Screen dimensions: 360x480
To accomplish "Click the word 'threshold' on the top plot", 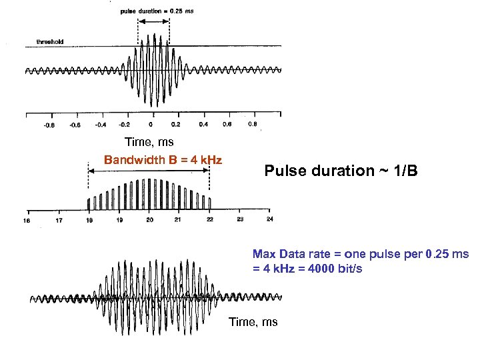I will pos(50,42).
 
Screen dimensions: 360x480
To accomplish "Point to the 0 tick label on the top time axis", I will pos(151,124).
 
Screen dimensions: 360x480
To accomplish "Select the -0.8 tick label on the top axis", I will pos(49,124).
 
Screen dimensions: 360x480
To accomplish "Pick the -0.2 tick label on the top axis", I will pos(125,124).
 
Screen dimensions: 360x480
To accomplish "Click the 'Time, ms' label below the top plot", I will pos(149,142).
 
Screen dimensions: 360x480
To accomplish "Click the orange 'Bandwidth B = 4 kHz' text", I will pos(163,160).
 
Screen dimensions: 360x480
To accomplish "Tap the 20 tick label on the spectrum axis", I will pos(149,219).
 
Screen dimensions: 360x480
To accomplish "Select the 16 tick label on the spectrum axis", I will pos(27,219).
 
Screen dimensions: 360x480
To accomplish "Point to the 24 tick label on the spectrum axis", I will pos(269,219).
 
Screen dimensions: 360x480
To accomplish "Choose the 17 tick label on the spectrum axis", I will pos(59,219).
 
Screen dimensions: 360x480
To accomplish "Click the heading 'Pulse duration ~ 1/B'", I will pos(341,171).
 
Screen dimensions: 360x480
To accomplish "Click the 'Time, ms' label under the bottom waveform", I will pos(253,322).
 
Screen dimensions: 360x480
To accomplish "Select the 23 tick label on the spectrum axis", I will pos(240,219).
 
